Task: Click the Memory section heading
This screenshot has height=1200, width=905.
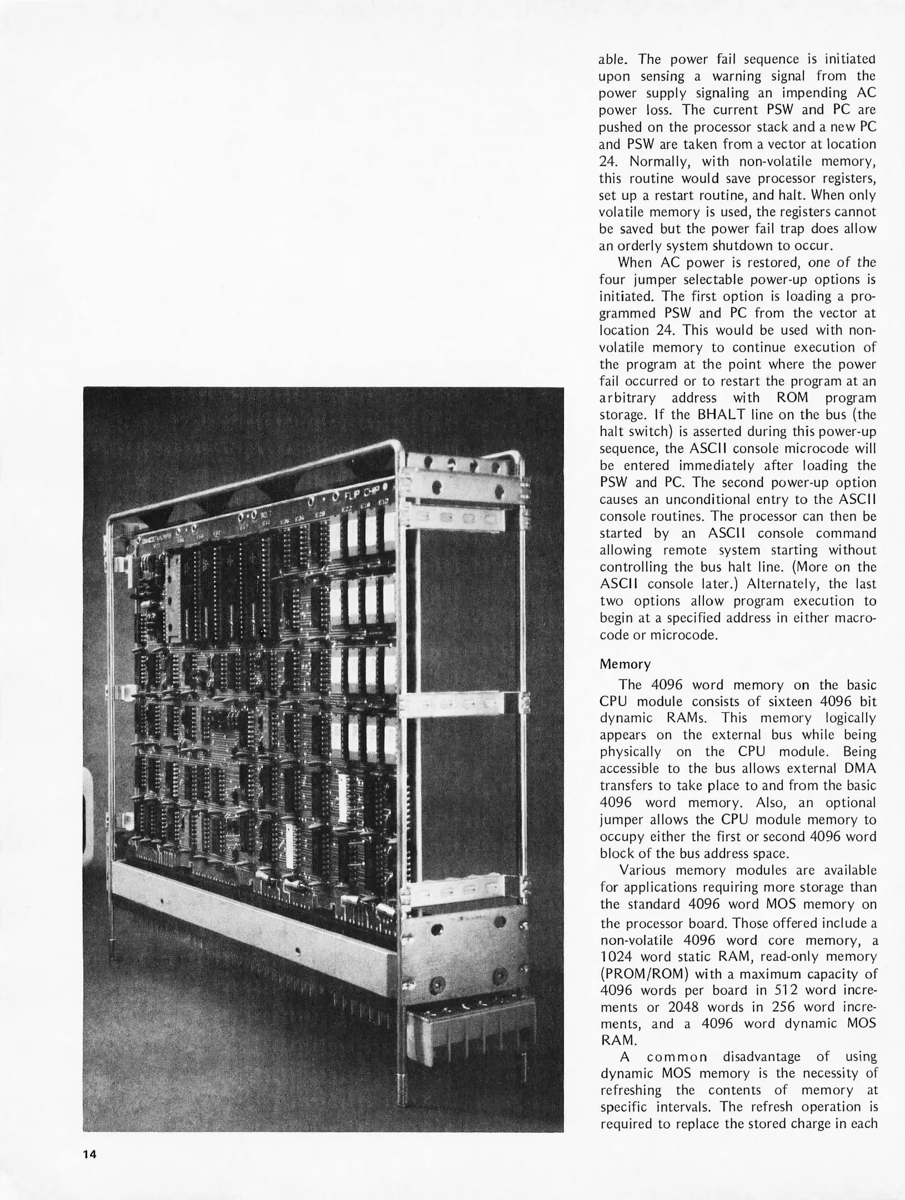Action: [x=625, y=664]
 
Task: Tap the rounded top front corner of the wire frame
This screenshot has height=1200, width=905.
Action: [x=391, y=449]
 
